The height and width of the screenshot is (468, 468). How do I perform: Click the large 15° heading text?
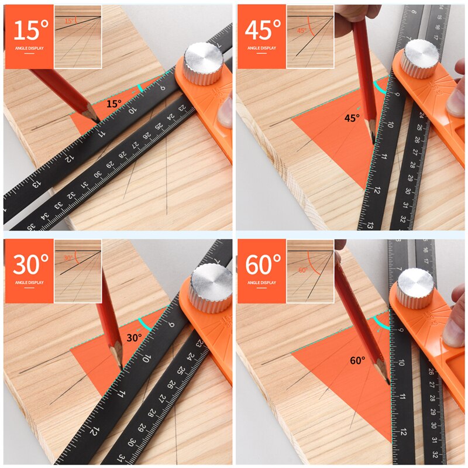pos(29,29)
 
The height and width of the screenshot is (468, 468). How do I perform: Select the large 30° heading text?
pos(29,264)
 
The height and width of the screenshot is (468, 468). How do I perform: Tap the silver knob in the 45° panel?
pos(419,58)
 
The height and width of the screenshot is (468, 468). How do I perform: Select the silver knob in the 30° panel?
pos(210,287)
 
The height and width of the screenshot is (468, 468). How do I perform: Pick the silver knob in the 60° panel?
pos(415,287)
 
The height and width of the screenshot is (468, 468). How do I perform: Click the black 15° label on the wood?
pos(113,104)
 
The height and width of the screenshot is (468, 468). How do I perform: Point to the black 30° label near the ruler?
pos(134,338)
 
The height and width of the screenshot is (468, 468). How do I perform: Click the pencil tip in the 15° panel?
pos(99,122)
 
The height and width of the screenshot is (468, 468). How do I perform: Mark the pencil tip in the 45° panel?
pos(373,142)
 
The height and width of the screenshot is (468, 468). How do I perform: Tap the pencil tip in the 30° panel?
pos(121,369)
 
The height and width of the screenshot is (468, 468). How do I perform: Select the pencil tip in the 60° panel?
pos(388,383)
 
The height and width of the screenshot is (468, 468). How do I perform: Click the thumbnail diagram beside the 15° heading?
pos(77,36)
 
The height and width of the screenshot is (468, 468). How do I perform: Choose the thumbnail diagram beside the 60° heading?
pos(310,271)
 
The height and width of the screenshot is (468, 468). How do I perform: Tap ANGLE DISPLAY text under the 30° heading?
pos(29,283)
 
